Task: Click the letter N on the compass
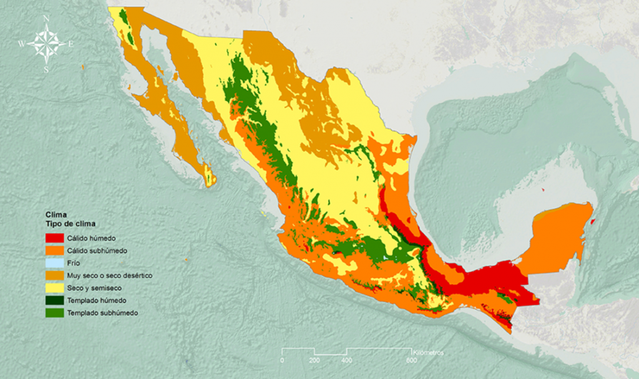(47, 18)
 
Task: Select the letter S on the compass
(46, 69)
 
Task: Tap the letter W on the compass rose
(21, 44)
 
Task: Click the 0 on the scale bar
(282, 360)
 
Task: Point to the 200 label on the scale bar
(314, 360)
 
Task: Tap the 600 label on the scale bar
(411, 360)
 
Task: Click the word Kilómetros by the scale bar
(428, 352)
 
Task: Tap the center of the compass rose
(46, 43)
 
